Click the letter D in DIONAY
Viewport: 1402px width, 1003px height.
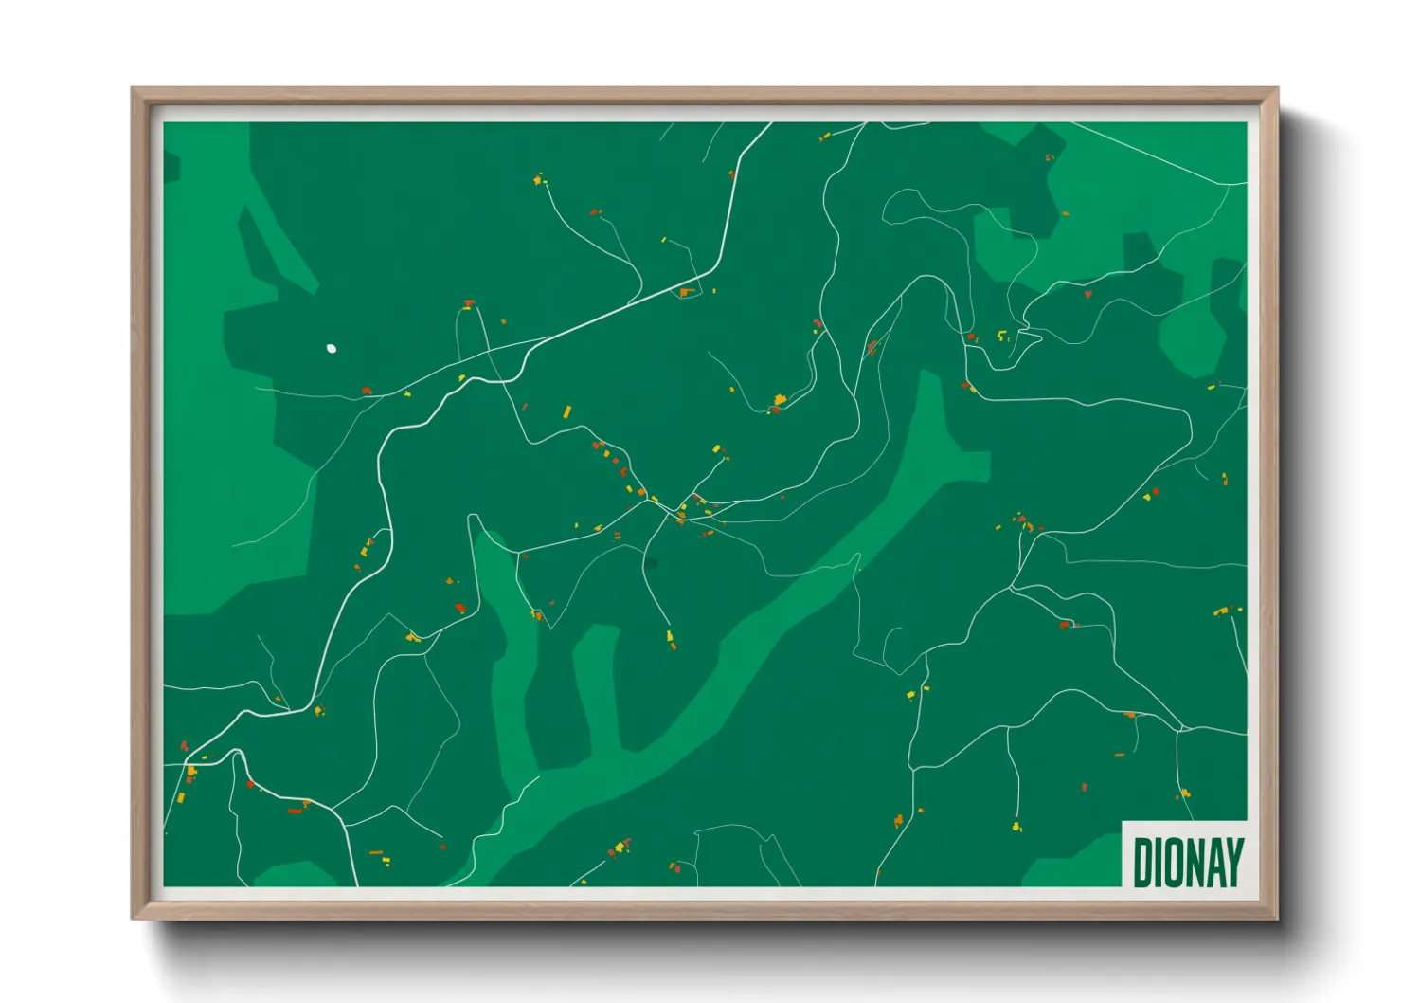tap(1142, 862)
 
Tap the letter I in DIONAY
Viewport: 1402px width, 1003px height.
tap(1159, 862)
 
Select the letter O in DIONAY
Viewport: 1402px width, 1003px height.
tap(1175, 862)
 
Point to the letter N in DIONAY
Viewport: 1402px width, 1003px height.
tap(1194, 862)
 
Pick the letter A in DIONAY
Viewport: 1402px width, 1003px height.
tap(1213, 862)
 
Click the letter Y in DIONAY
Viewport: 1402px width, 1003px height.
tap(1233, 862)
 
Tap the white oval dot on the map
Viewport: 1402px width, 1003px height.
tap(331, 349)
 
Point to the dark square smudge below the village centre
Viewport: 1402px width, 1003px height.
tap(651, 564)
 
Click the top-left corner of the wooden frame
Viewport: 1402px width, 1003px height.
tap(134, 90)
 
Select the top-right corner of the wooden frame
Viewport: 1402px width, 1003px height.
tap(1276, 90)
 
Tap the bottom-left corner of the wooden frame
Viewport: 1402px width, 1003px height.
tap(134, 917)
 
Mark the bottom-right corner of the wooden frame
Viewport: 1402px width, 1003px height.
tap(1276, 917)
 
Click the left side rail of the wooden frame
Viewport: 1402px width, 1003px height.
tap(139, 502)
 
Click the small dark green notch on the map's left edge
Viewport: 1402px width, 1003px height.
tap(171, 167)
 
